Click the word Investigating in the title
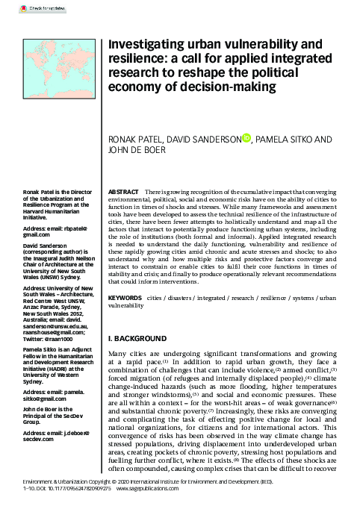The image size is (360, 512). [x=143, y=46]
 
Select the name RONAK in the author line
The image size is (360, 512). [x=124, y=139]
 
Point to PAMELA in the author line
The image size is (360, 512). [x=276, y=139]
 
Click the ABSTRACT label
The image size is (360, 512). [x=124, y=193]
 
